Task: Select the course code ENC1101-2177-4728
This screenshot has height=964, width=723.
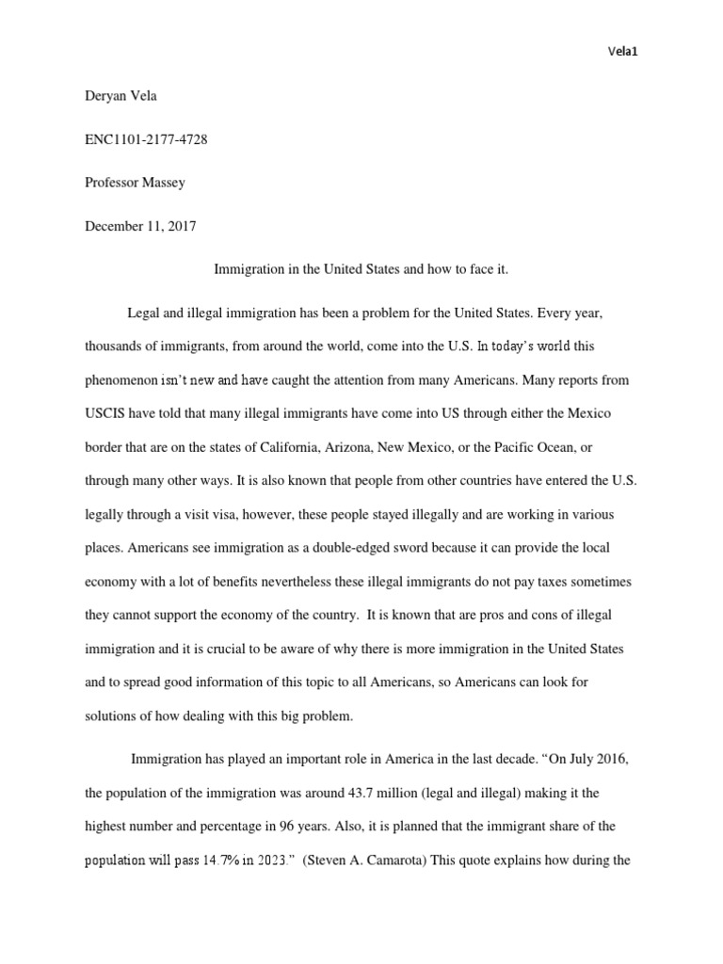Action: (146, 140)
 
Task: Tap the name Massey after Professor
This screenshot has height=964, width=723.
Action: (168, 184)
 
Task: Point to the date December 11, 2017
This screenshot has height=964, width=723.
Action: (140, 226)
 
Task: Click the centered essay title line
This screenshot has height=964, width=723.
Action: (361, 269)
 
